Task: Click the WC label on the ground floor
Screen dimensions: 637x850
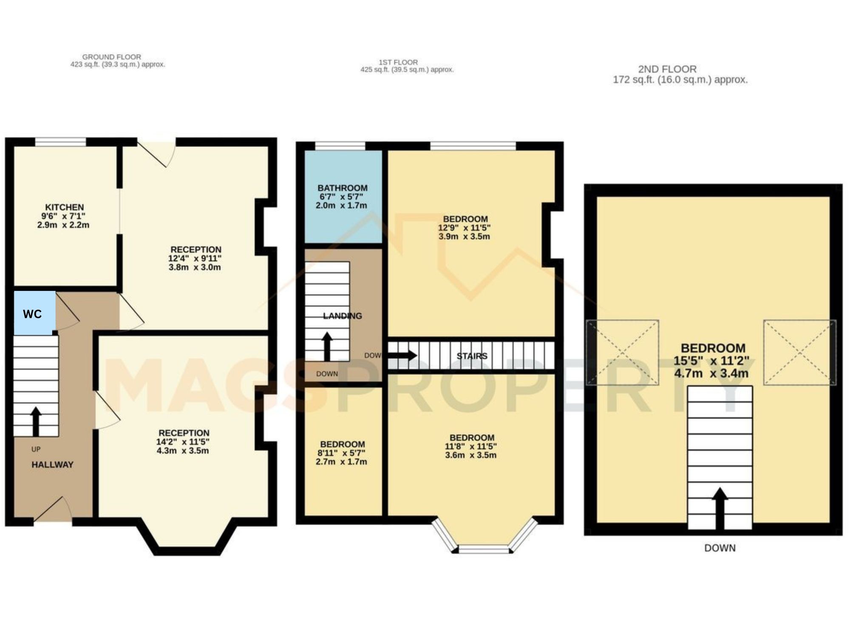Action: coord(32,314)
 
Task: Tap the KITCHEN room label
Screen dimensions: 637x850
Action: coord(65,207)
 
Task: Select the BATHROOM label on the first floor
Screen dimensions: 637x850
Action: coord(342,188)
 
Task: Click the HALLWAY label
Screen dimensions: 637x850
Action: coord(52,465)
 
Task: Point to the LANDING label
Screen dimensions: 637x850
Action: coord(342,316)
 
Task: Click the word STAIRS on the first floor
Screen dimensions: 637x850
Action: coord(472,356)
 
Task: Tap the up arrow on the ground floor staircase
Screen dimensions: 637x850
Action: coord(36,421)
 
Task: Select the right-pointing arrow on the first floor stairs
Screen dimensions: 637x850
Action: coord(402,355)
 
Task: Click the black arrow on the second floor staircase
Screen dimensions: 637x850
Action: coord(720,508)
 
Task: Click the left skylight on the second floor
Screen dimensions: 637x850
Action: coord(623,352)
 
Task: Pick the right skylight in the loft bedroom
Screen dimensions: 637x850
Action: coord(799,352)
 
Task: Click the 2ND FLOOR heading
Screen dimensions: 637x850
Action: coord(667,69)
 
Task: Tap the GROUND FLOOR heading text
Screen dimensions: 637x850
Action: coord(111,56)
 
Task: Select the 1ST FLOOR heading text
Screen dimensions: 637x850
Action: coord(398,62)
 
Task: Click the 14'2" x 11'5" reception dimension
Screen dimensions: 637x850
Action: coord(183,442)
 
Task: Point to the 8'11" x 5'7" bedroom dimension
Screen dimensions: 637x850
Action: coord(341,453)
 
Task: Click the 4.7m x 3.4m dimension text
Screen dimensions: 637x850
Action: coord(711,374)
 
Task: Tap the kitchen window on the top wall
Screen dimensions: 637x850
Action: coord(60,142)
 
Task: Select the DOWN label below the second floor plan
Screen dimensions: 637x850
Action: coord(720,548)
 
